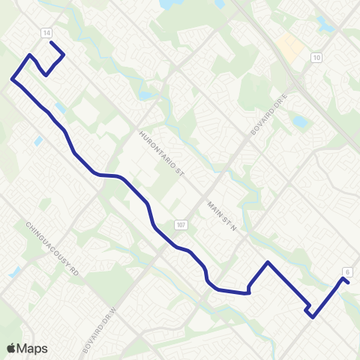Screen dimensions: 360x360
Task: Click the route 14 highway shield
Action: tap(46, 33)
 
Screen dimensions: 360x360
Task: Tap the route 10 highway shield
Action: tap(317, 58)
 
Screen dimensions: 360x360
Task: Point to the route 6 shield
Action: tap(347, 271)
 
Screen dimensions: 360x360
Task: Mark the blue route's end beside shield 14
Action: tap(51, 43)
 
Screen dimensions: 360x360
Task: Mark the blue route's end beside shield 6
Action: tap(349, 283)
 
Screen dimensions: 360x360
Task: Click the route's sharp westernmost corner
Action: tap(12, 78)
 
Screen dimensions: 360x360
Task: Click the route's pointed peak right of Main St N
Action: tap(268, 262)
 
